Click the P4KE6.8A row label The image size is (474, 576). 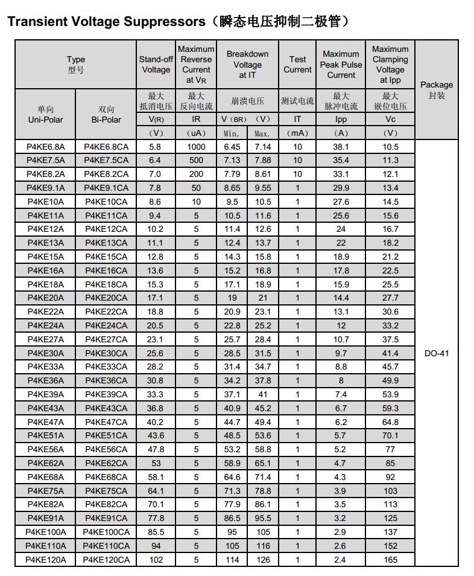(x=46, y=147)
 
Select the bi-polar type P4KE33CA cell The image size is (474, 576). (x=106, y=366)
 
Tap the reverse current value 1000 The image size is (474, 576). (x=196, y=147)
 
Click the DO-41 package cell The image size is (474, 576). (x=437, y=353)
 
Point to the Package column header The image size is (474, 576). (x=437, y=90)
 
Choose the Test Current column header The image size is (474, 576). (x=297, y=65)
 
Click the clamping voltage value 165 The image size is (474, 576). (x=390, y=560)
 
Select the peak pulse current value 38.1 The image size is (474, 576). (x=341, y=147)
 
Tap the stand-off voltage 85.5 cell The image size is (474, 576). (x=156, y=532)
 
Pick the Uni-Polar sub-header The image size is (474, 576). (x=46, y=120)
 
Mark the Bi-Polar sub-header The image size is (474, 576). (x=106, y=120)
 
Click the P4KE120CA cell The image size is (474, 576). (x=106, y=560)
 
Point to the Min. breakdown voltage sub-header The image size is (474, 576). (x=232, y=133)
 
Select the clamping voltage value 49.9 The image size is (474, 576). (x=390, y=380)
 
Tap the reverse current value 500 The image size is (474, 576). (x=196, y=160)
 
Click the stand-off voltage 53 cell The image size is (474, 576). (x=156, y=463)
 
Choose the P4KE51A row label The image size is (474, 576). (x=46, y=435)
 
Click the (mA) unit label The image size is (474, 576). (x=297, y=133)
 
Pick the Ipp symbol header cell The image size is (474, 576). (x=341, y=120)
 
